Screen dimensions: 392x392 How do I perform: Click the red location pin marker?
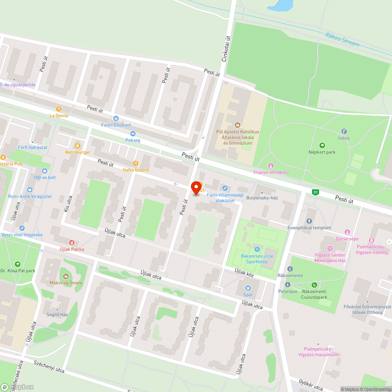coord(195,188)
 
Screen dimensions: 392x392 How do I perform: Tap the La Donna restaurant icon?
coord(59,109)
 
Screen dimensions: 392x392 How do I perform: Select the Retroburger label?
coord(78,152)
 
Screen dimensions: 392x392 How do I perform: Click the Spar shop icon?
coord(248,288)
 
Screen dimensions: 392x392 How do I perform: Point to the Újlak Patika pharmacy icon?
coord(71,243)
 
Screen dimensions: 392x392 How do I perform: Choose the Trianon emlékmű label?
coord(270,172)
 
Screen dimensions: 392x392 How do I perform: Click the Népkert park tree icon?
coord(322,145)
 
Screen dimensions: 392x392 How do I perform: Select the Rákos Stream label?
coord(342,40)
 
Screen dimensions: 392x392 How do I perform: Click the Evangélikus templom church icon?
coord(309,221)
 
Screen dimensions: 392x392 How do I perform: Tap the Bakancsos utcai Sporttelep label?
coord(257,259)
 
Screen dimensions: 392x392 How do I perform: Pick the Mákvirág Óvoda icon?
coord(65,276)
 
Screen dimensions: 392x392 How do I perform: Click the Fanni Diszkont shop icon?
coord(116,118)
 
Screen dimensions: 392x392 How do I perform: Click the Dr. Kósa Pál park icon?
coord(17,264)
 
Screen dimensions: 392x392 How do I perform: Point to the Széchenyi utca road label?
coord(49,367)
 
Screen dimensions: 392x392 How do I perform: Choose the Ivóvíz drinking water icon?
coord(344,131)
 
